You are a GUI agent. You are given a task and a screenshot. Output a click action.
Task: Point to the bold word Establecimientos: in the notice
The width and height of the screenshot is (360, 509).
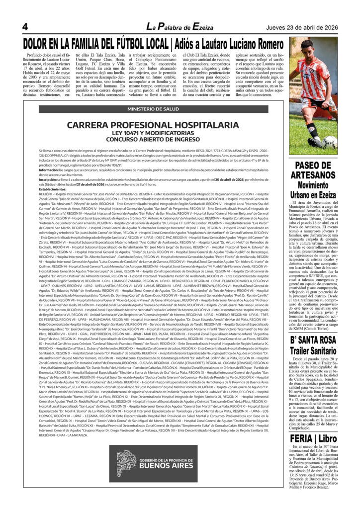point(52,189)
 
